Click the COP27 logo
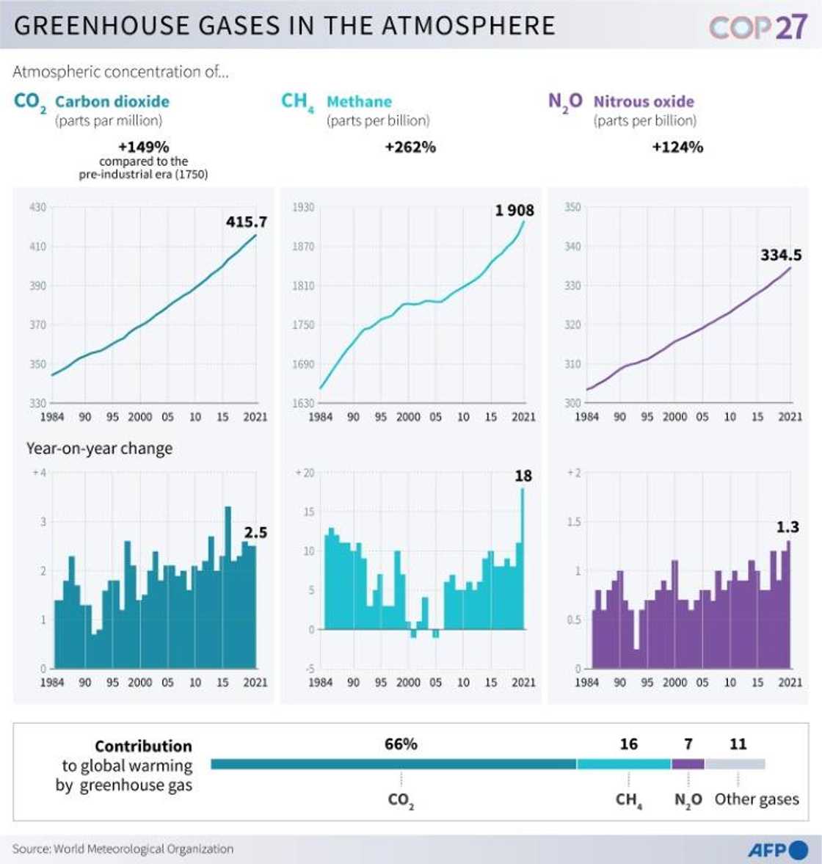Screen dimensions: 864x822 pyautogui.click(x=757, y=26)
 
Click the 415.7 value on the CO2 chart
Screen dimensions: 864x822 pyautogui.click(x=246, y=222)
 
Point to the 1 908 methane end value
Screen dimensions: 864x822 pyautogui.click(x=514, y=211)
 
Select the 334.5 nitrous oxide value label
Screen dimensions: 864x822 pyautogui.click(x=780, y=255)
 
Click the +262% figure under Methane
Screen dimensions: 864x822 pyautogui.click(x=410, y=147)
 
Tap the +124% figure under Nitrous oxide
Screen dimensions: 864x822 pyautogui.click(x=677, y=147)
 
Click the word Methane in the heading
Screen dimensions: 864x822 pyautogui.click(x=359, y=101)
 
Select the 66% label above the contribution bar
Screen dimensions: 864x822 pyautogui.click(x=401, y=744)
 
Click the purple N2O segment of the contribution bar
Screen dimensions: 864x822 pyautogui.click(x=688, y=764)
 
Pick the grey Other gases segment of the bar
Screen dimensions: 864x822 pyautogui.click(x=735, y=764)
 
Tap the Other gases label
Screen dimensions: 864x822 pyautogui.click(x=757, y=799)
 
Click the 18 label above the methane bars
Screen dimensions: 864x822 pyautogui.click(x=523, y=476)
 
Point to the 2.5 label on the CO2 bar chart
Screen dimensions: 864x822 pyautogui.click(x=255, y=532)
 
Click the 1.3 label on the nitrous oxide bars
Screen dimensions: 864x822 pyautogui.click(x=788, y=527)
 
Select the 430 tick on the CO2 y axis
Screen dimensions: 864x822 pyautogui.click(x=37, y=208)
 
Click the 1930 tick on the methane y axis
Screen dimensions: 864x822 pyautogui.click(x=303, y=208)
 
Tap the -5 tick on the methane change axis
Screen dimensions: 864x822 pyautogui.click(x=309, y=669)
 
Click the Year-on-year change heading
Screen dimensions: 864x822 pyautogui.click(x=99, y=449)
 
